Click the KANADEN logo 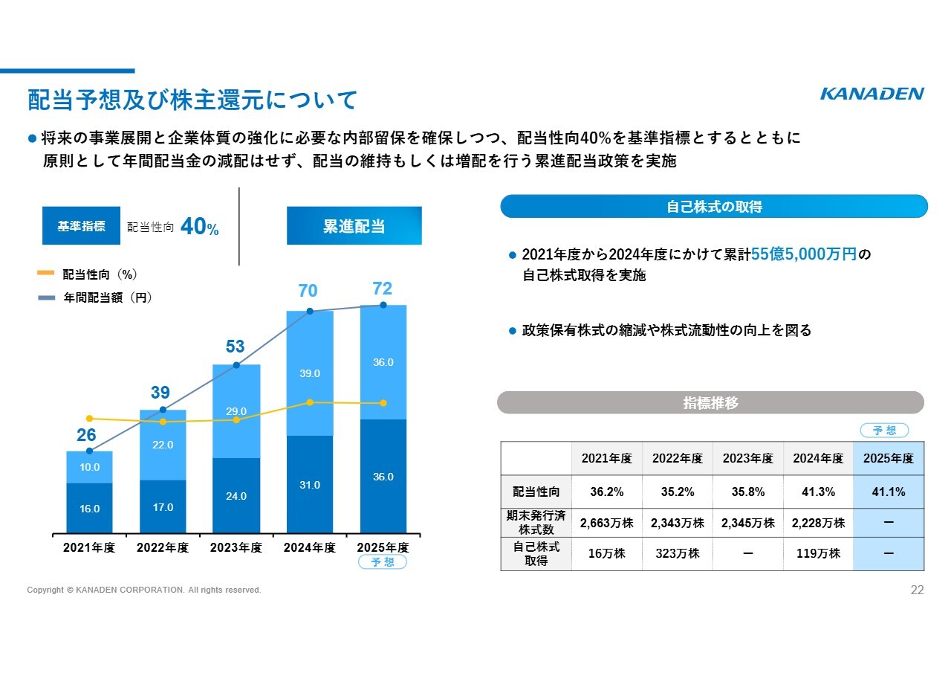pyautogui.click(x=872, y=94)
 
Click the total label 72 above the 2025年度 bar pyautogui.click(x=382, y=289)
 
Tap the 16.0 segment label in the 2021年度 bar pyautogui.click(x=89, y=509)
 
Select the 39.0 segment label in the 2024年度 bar pyautogui.click(x=309, y=373)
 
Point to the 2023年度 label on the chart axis pyautogui.click(x=236, y=548)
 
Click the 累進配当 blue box pyautogui.click(x=354, y=226)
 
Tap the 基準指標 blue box pyautogui.click(x=81, y=226)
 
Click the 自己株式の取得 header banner pyautogui.click(x=713, y=207)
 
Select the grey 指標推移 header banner pyautogui.click(x=710, y=403)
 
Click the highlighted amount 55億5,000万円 pyautogui.click(x=804, y=255)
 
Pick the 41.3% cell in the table pyautogui.click(x=818, y=492)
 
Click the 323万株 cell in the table pyautogui.click(x=677, y=554)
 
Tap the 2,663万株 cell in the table pyautogui.click(x=606, y=523)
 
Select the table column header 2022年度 pyautogui.click(x=677, y=459)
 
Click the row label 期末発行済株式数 pyautogui.click(x=536, y=523)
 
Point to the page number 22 pyautogui.click(x=917, y=590)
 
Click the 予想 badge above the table pyautogui.click(x=884, y=431)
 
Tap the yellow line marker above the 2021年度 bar pyautogui.click(x=89, y=419)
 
